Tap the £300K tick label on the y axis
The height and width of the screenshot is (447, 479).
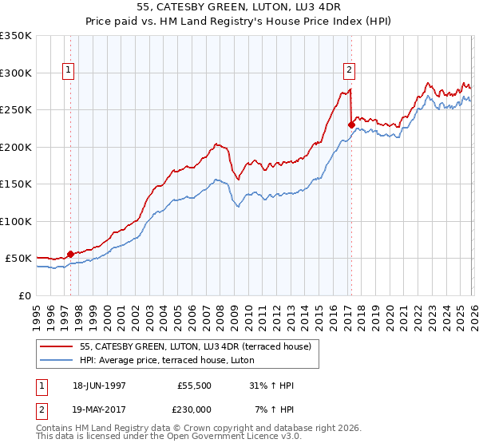(15, 73)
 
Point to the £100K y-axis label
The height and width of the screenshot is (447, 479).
(15, 221)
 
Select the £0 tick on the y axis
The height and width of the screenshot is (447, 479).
(25, 295)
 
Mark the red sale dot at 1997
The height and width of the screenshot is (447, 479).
(70, 254)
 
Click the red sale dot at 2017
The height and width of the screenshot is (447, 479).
(350, 125)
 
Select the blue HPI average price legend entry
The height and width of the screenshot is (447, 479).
(167, 361)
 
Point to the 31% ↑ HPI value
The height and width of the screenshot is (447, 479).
(271, 386)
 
